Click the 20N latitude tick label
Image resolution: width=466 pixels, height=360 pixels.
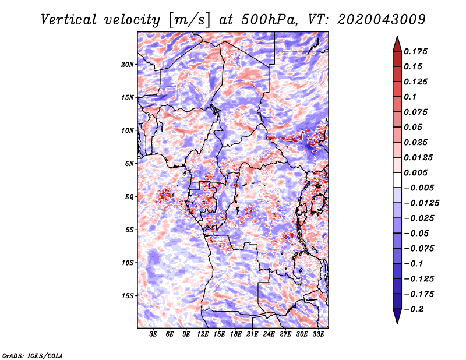[x=128, y=64]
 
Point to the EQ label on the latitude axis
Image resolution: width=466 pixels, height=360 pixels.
[x=129, y=197]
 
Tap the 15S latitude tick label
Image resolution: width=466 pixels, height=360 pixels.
[x=128, y=296]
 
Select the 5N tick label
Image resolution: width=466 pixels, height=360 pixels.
[x=129, y=164]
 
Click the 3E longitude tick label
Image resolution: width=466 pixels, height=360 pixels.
[x=153, y=334]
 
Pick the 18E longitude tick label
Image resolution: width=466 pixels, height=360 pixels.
[x=236, y=334]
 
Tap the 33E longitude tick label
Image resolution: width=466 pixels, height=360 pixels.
[x=318, y=334]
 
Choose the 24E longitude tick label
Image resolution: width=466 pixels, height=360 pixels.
[x=269, y=334]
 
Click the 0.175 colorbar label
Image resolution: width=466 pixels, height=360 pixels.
[x=415, y=51]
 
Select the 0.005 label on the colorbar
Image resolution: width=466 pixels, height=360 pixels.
[x=415, y=172]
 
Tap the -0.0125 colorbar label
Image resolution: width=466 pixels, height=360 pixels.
[x=421, y=203]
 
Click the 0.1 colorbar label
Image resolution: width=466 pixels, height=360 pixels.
[x=410, y=97]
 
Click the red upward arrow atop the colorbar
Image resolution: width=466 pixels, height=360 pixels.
[x=397, y=44]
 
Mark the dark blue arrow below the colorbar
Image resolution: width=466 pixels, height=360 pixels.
[x=397, y=316]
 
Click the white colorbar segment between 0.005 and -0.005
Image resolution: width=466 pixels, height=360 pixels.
[x=397, y=180]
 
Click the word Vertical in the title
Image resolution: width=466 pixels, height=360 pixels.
[x=69, y=20]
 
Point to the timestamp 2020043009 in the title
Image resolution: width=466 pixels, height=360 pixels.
[x=381, y=20]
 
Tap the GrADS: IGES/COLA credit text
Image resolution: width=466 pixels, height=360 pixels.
[x=33, y=356]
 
